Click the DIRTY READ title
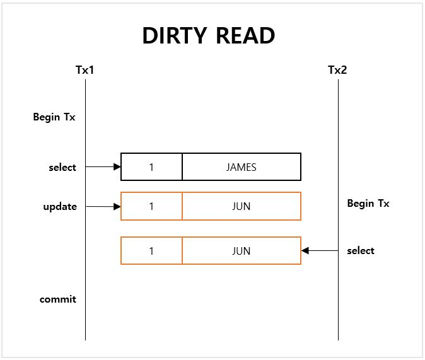[209, 36]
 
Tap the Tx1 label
[84, 70]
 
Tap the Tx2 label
[337, 70]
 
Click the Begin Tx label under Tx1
[54, 117]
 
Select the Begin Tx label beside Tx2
[368, 204]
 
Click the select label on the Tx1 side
[62, 167]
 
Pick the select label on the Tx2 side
[361, 251]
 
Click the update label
[60, 207]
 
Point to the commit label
[58, 299]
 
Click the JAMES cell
[242, 167]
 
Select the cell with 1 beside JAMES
[151, 167]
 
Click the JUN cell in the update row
[242, 206]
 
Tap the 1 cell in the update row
[151, 206]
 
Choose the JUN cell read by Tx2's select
[242, 251]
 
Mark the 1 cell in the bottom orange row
[151, 251]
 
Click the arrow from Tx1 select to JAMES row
[103, 167]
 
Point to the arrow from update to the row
[103, 206]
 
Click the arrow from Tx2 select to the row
[320, 251]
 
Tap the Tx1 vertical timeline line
[85, 265]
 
